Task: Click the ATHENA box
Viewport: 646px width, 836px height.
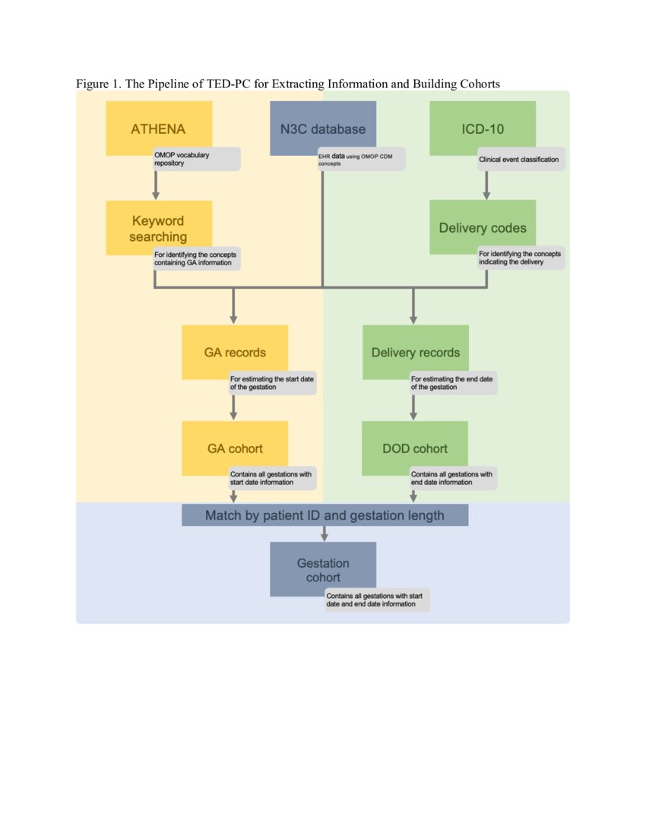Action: (x=158, y=127)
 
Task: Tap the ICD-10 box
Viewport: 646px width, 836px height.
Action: (x=482, y=127)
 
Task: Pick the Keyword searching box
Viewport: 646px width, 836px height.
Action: (x=158, y=226)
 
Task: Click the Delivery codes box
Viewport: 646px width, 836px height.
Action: (x=482, y=226)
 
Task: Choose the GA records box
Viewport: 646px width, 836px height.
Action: (x=234, y=351)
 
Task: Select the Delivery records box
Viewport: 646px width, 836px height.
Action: (x=415, y=351)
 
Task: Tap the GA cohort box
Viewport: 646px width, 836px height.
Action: (x=234, y=448)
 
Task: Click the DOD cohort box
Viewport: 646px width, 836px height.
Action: (x=415, y=448)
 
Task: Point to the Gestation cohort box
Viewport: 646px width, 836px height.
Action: (x=323, y=568)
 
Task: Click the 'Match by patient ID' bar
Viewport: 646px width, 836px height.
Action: (x=325, y=515)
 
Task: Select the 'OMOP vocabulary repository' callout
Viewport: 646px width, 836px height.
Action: (x=196, y=159)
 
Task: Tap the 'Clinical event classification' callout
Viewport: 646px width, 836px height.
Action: (x=520, y=159)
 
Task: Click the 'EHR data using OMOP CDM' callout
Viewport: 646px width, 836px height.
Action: (x=360, y=159)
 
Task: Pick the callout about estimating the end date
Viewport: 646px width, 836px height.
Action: (x=453, y=382)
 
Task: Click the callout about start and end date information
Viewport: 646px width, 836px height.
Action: (x=377, y=600)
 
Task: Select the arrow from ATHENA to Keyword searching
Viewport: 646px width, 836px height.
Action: (x=156, y=184)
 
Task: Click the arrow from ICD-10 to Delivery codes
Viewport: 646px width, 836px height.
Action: (x=486, y=184)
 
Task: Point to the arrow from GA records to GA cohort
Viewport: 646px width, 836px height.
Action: (x=233, y=406)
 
